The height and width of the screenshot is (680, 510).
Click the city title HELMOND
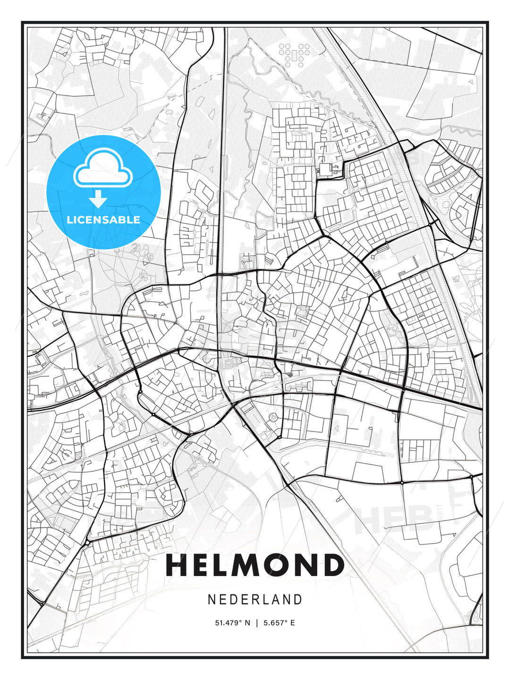coord(255,565)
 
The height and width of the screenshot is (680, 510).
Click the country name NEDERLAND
coord(255,599)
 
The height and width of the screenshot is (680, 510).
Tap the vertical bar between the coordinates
coord(257,623)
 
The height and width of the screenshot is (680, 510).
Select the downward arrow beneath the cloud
coord(98,200)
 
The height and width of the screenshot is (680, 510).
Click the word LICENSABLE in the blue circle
coord(103,220)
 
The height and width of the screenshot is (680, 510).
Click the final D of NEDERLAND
coord(297,599)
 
